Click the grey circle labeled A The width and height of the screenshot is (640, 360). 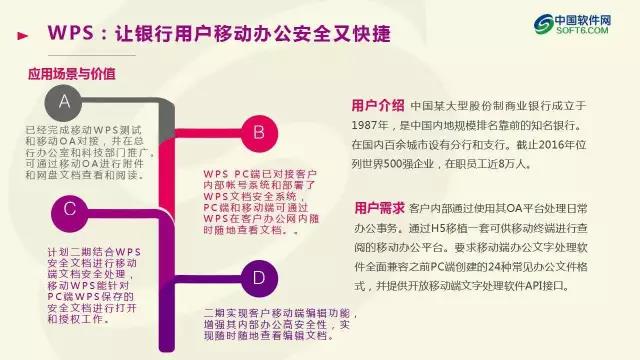(65, 101)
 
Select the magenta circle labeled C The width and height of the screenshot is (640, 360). (69, 209)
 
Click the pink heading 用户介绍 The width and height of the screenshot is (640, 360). (378, 104)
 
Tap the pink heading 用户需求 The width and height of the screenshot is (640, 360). (378, 208)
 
